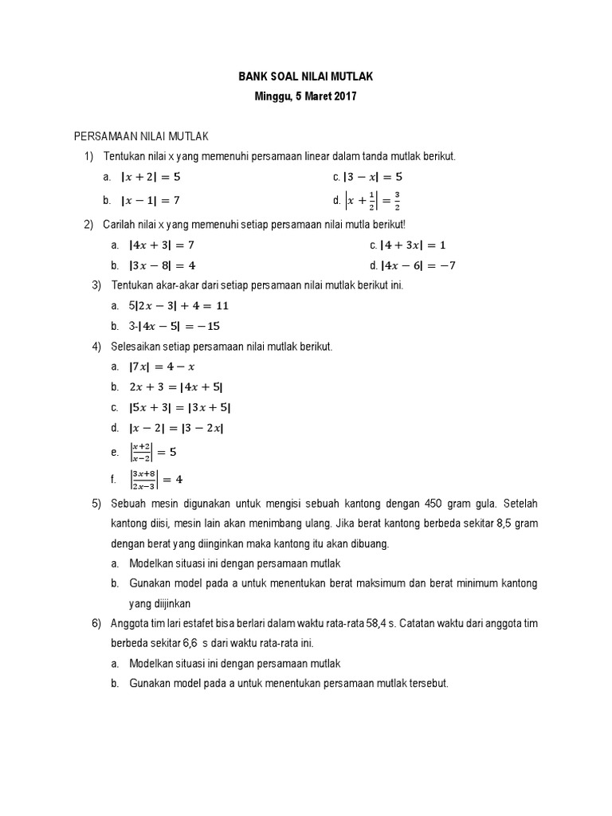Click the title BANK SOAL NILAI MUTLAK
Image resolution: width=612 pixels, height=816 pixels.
306,76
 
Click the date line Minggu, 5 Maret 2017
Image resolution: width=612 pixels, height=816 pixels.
306,97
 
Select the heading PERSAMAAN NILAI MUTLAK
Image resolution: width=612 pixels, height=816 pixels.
141,137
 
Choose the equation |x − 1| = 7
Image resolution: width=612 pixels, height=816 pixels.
156,200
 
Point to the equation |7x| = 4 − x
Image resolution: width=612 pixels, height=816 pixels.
162,367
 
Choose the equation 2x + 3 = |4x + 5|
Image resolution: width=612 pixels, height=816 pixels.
176,387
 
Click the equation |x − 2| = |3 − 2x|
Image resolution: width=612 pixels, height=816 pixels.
176,428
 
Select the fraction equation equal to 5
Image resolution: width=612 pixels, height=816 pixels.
153,452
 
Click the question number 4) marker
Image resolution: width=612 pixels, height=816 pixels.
97,347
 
